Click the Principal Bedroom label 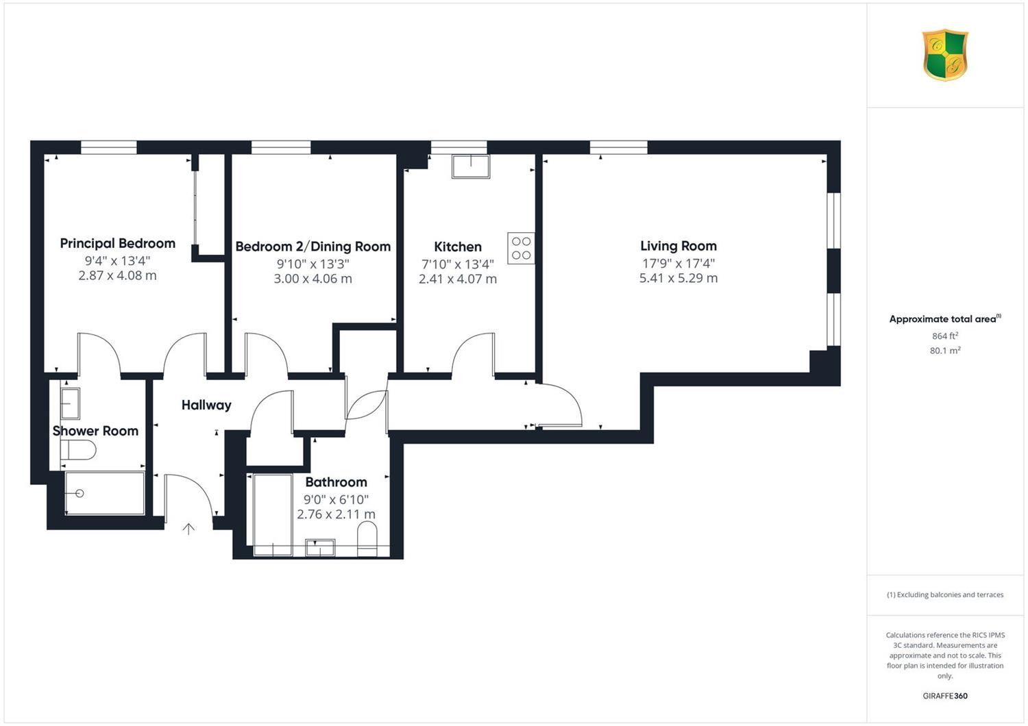117,244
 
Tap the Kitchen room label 458,247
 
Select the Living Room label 678,247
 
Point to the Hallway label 206,405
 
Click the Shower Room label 95,431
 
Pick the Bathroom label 336,482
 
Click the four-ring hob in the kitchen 521,248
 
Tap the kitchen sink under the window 471,166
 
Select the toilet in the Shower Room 78,450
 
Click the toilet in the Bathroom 367,538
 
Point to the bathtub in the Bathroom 273,515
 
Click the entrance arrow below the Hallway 188,529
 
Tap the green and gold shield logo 945,55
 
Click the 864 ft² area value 945,336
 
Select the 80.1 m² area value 945,351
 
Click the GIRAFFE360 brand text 945,696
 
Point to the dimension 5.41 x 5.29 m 678,278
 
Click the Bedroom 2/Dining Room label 313,247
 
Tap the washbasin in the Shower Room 70,403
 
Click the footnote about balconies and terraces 945,594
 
